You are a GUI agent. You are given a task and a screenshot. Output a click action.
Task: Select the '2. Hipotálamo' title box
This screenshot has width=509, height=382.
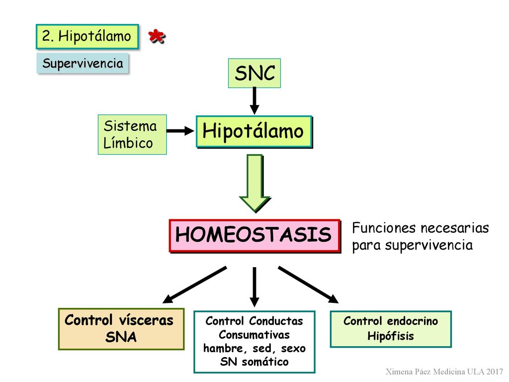[87, 36]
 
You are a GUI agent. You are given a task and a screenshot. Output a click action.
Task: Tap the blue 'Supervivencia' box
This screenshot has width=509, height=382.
[83, 63]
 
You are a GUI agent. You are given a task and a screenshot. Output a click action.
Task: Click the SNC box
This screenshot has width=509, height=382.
[254, 73]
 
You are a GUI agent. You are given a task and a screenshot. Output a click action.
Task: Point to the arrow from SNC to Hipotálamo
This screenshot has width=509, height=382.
[254, 100]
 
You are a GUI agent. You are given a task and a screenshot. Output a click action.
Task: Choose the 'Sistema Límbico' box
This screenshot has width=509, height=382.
[132, 134]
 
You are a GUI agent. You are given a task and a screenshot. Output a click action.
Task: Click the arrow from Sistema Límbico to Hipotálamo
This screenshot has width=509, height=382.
[180, 131]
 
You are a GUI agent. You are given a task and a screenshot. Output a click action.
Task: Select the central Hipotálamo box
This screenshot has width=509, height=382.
[254, 131]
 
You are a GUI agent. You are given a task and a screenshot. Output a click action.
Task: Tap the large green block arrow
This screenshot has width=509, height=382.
[255, 184]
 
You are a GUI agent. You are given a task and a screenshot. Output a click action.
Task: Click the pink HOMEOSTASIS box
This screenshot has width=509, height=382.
[255, 236]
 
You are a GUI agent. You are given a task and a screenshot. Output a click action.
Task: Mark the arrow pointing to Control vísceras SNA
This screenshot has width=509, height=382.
[194, 285]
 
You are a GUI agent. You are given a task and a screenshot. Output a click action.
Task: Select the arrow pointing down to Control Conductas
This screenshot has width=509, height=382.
[254, 287]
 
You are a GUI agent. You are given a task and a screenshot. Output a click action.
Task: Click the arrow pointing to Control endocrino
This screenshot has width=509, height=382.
[308, 285]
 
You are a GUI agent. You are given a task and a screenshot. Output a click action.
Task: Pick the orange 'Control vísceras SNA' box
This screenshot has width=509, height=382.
[121, 329]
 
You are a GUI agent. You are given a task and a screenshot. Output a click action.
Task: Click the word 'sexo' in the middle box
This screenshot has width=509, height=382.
[293, 349]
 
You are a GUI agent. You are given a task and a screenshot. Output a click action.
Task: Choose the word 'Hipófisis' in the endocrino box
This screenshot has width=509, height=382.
[391, 336]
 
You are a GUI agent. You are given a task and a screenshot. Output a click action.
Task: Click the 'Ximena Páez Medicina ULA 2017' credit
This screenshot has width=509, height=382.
[444, 372]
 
